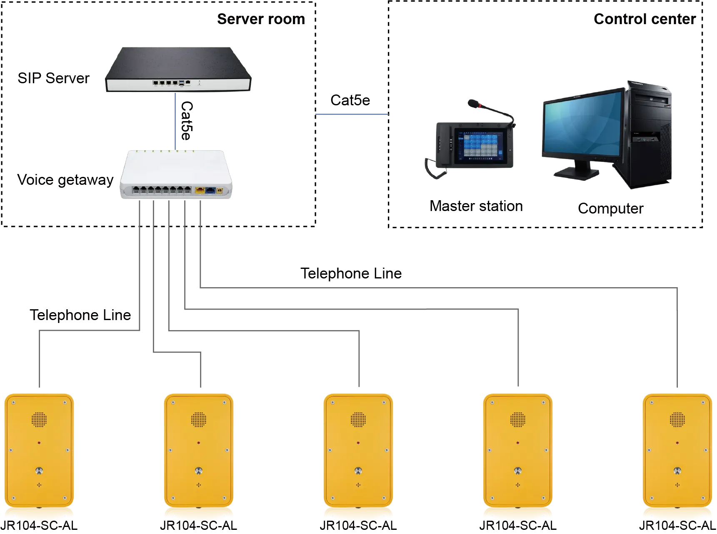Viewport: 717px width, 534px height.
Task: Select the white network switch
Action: tap(176, 175)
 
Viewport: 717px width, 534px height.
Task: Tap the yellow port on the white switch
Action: tap(200, 191)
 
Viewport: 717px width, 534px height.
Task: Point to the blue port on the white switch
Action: tap(210, 191)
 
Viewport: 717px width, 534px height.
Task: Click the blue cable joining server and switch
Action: tap(176, 121)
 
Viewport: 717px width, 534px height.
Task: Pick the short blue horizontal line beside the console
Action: tap(351, 114)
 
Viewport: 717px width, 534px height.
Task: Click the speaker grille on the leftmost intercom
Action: tap(39, 420)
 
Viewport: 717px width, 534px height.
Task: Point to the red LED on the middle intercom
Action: tap(358, 443)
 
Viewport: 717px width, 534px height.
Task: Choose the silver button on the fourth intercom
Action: tap(518, 471)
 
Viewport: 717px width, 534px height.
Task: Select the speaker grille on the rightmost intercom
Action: tap(677, 420)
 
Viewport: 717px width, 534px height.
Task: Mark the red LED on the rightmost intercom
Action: tap(677, 443)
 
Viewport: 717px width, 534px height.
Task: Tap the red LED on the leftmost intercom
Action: tap(39, 443)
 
